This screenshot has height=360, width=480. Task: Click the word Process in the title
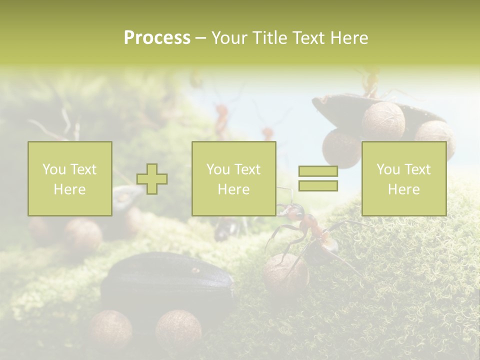pos(157,38)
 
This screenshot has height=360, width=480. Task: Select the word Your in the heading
pos(230,38)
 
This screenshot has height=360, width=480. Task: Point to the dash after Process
pos(201,38)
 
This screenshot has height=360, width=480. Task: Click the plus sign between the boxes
pos(152,179)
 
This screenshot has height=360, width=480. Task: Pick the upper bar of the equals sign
pos(318,171)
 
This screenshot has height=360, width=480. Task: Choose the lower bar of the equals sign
pos(318,186)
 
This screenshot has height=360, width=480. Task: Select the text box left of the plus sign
pos(69,179)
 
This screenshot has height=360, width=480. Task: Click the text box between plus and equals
pos(233,179)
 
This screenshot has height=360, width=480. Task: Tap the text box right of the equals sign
pos(403,179)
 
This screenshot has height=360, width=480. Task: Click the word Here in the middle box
pos(233,189)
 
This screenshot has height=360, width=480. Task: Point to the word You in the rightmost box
pos(388,169)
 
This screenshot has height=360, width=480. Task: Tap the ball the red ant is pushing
pos(285,272)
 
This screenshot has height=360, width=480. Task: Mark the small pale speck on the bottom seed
pos(195,270)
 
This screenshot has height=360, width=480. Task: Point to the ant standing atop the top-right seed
pos(370,82)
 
